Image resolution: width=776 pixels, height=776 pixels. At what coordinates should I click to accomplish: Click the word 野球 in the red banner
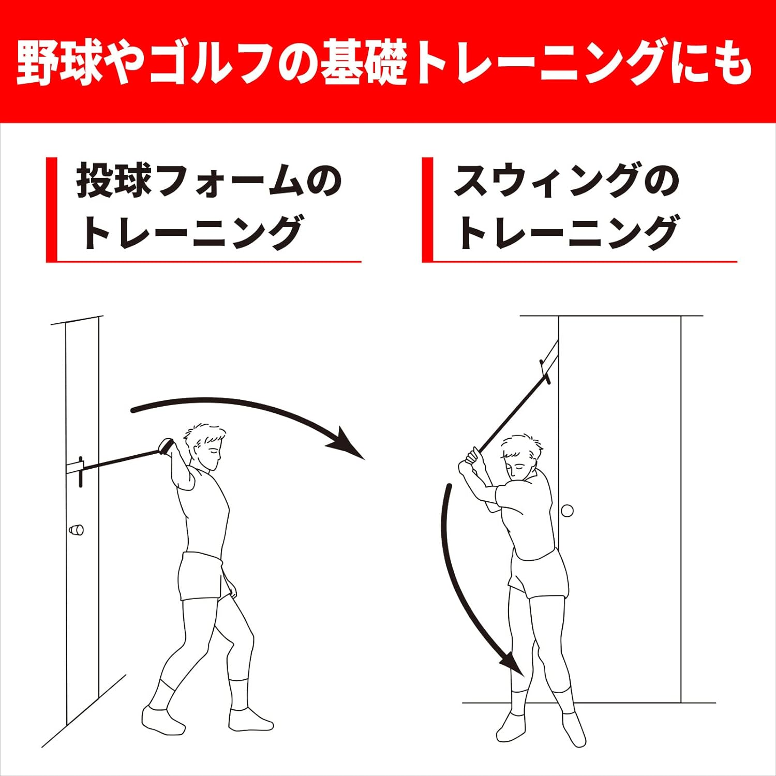click(58, 64)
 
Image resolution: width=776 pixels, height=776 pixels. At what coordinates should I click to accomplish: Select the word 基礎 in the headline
click(364, 64)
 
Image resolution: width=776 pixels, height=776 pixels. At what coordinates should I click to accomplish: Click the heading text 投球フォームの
click(209, 181)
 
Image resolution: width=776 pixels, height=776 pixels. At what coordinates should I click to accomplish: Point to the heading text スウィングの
click(566, 181)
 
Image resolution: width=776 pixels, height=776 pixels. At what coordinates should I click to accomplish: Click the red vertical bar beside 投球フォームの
click(51, 210)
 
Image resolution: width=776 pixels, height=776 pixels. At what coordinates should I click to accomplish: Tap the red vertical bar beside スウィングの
click(427, 210)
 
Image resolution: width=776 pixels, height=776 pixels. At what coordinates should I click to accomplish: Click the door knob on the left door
click(76, 530)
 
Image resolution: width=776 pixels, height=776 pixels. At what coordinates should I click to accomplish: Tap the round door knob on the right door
click(568, 511)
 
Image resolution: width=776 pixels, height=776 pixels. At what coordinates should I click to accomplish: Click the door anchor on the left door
click(79, 471)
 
